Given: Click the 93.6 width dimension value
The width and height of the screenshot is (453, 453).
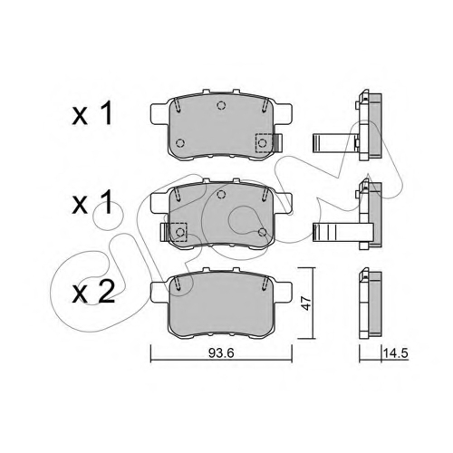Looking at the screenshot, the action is point(221,352).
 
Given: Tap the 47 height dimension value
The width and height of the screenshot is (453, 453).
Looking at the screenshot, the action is point(306,304).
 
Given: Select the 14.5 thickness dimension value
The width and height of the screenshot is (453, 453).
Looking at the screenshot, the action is point(396,352).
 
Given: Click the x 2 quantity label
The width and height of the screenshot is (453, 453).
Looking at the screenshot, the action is point(93,292).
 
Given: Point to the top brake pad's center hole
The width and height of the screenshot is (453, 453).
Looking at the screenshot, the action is point(221,105).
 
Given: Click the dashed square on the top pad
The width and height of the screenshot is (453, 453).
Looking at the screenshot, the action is point(264,142).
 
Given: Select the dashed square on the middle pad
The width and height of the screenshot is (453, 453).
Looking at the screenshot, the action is point(178,232).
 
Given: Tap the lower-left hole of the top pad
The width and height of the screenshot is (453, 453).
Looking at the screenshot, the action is point(180,143).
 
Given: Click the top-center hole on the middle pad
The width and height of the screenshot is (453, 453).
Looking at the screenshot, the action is point(221,194).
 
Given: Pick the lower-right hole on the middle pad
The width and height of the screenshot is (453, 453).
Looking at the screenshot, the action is point(263,232).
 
